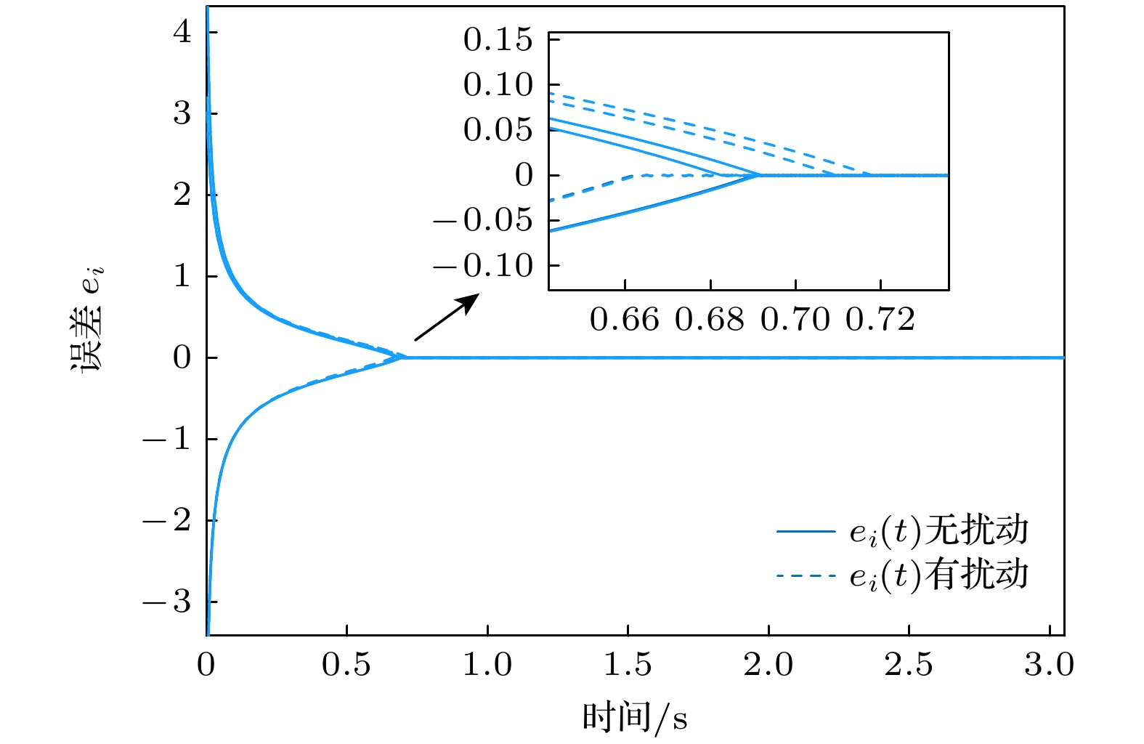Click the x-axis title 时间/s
coord(634,718)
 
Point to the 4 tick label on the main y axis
coord(182,32)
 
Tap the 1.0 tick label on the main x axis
coord(487,665)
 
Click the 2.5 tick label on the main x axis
coord(909,665)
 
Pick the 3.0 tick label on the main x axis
coord(1049,665)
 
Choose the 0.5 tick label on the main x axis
coord(346,665)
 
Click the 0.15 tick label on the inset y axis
coord(498,40)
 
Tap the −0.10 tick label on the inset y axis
coord(483,266)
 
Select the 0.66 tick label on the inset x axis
coord(625,320)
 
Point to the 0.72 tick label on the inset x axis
coord(880,320)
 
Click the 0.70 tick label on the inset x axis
coord(795,320)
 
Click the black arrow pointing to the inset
coord(447,317)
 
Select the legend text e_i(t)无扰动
coord(939,531)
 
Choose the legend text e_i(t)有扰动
coord(939,575)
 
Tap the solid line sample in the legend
coord(806,532)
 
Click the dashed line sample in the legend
coord(806,576)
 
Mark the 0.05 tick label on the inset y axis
coord(498,131)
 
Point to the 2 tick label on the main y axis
coord(182,195)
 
